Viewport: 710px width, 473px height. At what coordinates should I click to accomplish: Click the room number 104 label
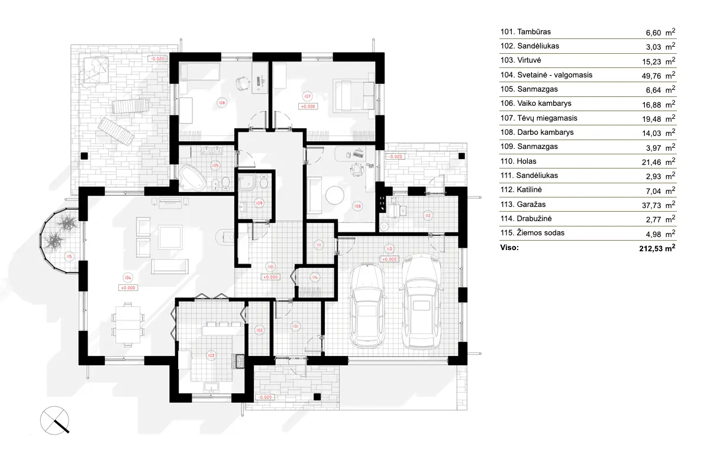pyautogui.click(x=127, y=277)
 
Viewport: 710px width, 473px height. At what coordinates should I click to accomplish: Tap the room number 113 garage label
pyautogui.click(x=389, y=248)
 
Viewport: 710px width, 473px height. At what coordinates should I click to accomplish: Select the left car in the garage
pyautogui.click(x=366, y=307)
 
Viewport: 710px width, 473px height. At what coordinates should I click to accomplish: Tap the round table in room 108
pyautogui.click(x=335, y=196)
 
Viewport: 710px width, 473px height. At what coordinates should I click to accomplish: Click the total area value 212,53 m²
pyautogui.click(x=653, y=248)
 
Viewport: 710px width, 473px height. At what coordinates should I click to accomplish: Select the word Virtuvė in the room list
pyautogui.click(x=530, y=60)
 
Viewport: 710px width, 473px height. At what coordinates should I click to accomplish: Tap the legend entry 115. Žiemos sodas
pyautogui.click(x=532, y=233)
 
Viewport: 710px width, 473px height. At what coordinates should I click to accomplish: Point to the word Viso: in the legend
pyautogui.click(x=509, y=248)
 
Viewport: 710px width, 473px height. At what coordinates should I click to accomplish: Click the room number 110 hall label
pyautogui.click(x=270, y=267)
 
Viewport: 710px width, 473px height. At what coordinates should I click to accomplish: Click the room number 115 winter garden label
pyautogui.click(x=69, y=257)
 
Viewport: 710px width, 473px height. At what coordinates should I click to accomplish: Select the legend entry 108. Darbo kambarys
pyautogui.click(x=537, y=132)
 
